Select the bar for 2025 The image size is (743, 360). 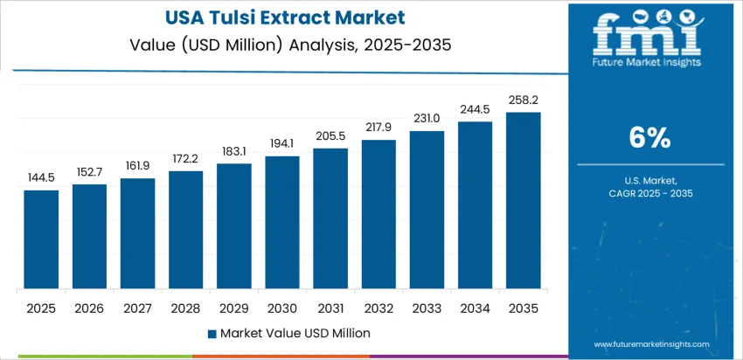tap(41, 240)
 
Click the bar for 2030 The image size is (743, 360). tap(282, 223)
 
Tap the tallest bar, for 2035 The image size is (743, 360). tap(523, 201)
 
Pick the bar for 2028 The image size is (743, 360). tap(185, 231)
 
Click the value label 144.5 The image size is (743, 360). tap(41, 177)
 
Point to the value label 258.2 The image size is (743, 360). tap(523, 100)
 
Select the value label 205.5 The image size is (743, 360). tap(330, 135)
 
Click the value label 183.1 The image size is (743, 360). tap(233, 151)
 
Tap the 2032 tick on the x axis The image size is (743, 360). tap(378, 308)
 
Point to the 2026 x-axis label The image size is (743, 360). tap(89, 308)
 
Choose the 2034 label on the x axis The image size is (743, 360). tap(475, 308)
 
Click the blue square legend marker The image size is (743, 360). tap(212, 333)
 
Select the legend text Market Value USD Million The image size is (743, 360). tap(295, 333)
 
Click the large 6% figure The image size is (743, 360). tap(650, 137)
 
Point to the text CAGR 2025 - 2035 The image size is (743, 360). tap(650, 193)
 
